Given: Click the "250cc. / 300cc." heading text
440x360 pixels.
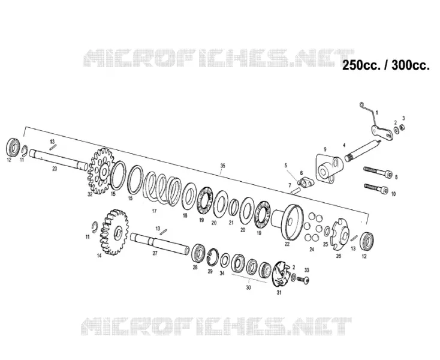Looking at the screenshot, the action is click(386, 65).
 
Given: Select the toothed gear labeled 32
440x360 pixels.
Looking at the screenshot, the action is click(101, 171).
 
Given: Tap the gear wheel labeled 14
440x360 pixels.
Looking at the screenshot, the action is click(114, 232).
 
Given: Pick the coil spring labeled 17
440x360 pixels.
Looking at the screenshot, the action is click(162, 187).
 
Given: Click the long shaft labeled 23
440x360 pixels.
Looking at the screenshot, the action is click(58, 160).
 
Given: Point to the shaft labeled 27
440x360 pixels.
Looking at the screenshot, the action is click(160, 243).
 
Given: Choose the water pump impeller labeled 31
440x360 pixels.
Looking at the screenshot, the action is click(282, 274).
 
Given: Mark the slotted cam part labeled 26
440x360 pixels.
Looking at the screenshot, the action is click(340, 235).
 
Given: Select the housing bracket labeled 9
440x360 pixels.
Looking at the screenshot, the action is click(329, 167).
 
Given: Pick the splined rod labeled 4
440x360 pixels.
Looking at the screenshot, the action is click(363, 151).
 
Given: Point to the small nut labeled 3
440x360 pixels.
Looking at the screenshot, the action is click(402, 127).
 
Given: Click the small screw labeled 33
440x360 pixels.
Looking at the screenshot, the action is click(303, 280).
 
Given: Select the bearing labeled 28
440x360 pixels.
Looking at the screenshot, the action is click(200, 254).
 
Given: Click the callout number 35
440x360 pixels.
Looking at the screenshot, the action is click(222, 166).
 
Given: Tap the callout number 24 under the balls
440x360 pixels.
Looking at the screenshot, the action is click(312, 249).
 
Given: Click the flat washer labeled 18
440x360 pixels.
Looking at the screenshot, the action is click(189, 196).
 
